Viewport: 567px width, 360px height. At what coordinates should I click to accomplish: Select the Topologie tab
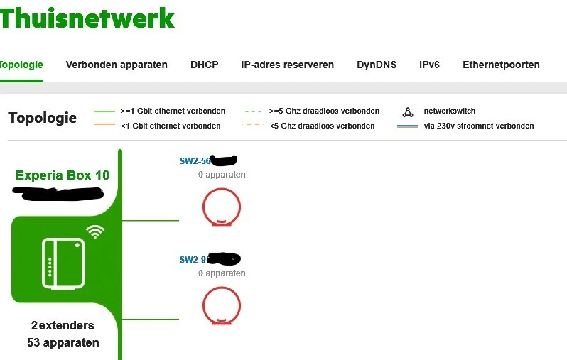click(x=21, y=65)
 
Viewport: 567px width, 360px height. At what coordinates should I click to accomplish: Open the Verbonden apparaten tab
click(x=117, y=65)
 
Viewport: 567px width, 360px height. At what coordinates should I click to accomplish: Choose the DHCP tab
click(x=204, y=65)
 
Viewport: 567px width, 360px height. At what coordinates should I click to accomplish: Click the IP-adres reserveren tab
click(x=287, y=65)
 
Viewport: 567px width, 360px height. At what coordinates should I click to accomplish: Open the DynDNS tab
click(x=377, y=65)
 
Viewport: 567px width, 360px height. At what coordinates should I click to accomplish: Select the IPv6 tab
click(x=429, y=65)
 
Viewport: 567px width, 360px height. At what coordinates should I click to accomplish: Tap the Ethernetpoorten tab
click(x=501, y=65)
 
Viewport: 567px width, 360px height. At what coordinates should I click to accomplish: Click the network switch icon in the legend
click(x=408, y=111)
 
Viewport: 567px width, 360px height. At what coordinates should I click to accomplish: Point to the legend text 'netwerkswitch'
click(x=449, y=111)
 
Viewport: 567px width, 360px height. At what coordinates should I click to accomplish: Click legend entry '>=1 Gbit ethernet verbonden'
click(x=173, y=111)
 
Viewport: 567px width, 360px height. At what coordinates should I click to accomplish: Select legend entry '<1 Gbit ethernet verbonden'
click(x=171, y=126)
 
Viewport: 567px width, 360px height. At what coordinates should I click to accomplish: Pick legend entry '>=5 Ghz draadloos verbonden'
click(x=324, y=111)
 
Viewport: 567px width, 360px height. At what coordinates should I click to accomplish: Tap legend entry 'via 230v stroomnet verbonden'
click(x=478, y=126)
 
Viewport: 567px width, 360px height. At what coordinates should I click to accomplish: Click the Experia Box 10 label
click(x=63, y=175)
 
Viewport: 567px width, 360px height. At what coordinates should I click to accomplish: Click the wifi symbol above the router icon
click(x=94, y=231)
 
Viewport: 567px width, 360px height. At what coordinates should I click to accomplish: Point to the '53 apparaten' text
click(x=63, y=342)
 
